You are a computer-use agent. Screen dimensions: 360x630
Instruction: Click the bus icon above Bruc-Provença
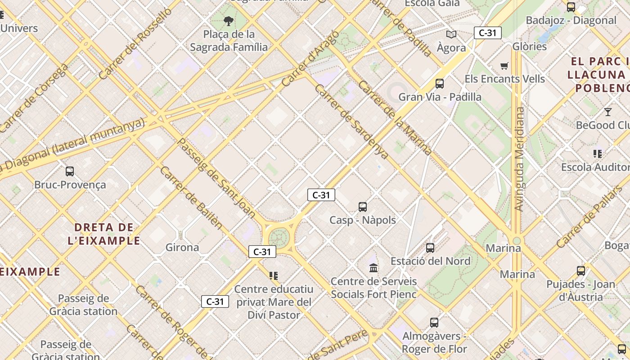click(70, 171)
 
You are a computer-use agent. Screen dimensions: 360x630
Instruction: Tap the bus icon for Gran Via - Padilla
click(440, 84)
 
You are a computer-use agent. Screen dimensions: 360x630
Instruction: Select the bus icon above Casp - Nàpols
click(363, 207)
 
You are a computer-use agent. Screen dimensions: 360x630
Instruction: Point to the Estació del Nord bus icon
click(430, 248)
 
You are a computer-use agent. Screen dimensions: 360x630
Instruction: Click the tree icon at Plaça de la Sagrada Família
click(229, 21)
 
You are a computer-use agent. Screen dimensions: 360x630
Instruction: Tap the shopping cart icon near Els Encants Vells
click(504, 66)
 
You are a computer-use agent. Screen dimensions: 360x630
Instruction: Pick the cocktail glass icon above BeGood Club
click(608, 112)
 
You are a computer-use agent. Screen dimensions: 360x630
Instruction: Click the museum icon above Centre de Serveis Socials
click(373, 268)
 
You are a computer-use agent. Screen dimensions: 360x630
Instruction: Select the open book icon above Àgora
click(451, 34)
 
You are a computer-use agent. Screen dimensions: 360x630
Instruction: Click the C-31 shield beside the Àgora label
click(487, 33)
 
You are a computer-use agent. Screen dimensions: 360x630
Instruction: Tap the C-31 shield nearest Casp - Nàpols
click(321, 195)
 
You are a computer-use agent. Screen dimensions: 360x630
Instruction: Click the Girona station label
click(182, 247)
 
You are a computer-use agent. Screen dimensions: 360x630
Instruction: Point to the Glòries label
click(530, 46)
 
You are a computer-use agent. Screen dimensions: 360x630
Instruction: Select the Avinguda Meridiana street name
click(520, 159)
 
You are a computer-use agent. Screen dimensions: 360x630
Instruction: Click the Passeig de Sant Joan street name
click(217, 178)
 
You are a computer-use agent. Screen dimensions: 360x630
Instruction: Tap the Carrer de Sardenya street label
click(351, 121)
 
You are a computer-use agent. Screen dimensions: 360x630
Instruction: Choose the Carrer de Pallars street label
click(589, 216)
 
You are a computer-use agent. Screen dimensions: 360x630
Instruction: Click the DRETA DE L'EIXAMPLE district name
click(104, 234)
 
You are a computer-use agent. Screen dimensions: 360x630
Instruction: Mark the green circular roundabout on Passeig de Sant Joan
click(279, 237)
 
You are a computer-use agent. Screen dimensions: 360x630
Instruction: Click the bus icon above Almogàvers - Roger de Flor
click(434, 323)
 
